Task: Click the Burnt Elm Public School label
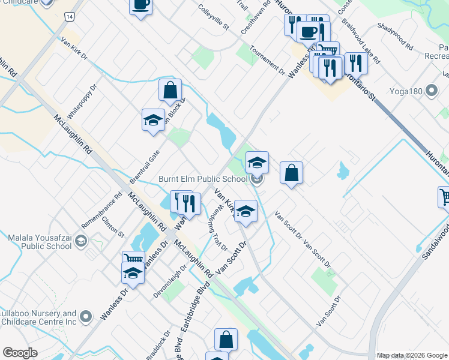pyautogui.click(x=203, y=179)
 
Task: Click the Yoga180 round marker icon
pyautogui.click(x=431, y=92)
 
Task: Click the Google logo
pyautogui.click(x=20, y=352)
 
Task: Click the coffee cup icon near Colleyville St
pyautogui.click(x=140, y=6)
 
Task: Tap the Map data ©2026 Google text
pyautogui.click(x=411, y=355)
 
